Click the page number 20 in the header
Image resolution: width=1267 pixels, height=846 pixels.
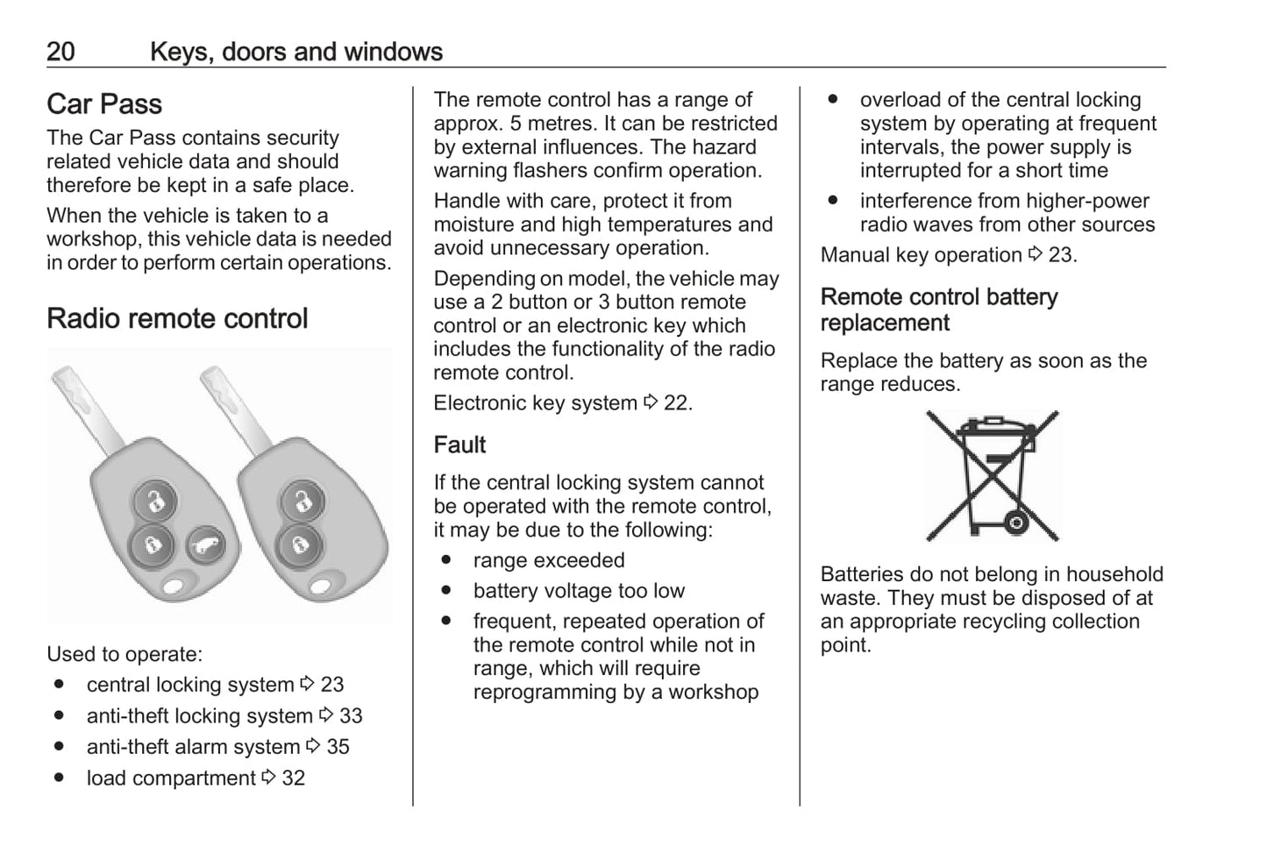pos(61,52)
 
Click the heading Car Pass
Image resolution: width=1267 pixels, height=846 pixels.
pos(104,104)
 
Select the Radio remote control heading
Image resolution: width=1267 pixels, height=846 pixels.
pos(177,318)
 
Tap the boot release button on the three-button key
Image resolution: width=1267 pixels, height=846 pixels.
pos(204,548)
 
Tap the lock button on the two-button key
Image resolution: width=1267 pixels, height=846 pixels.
pos(296,545)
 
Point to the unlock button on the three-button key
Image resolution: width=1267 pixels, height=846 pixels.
pos(155,502)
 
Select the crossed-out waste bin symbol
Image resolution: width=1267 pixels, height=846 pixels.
pos(992,476)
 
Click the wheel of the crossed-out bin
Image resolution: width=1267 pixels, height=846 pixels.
pos(1016,524)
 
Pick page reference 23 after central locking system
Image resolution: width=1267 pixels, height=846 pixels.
pos(331,685)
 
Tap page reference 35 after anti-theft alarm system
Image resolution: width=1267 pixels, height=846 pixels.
pos(338,747)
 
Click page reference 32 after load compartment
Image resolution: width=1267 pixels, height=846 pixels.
pos(293,778)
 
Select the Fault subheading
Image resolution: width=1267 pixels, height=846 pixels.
pos(459,445)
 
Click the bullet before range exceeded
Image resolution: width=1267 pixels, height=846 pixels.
pos(447,559)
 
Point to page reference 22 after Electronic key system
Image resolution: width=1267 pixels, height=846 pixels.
pos(676,403)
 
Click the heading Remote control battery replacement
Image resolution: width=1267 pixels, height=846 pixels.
pos(938,309)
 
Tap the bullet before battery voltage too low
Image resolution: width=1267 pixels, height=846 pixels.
pos(447,590)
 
